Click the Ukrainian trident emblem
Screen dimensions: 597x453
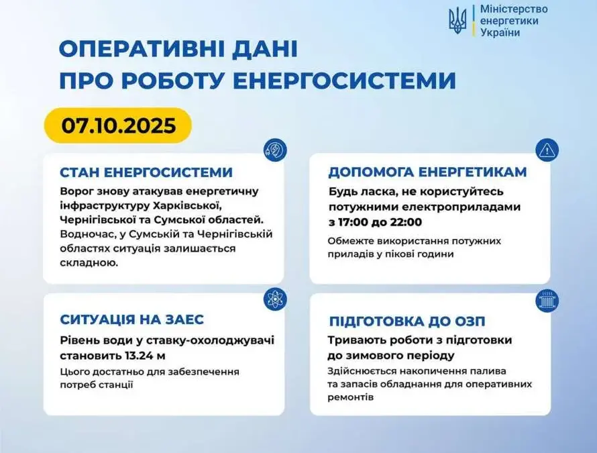click(x=457, y=21)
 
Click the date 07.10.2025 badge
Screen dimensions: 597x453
click(x=119, y=125)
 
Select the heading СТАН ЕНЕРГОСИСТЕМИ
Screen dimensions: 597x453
click(x=146, y=172)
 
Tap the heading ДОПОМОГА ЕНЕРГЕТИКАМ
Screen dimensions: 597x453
click(x=427, y=172)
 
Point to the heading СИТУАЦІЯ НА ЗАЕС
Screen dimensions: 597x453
click(x=131, y=319)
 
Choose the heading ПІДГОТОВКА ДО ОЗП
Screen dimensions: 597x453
click(x=407, y=321)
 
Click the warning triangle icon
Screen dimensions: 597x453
click(x=547, y=150)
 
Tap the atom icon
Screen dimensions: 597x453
click(x=275, y=299)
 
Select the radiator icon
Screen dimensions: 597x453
click(x=547, y=301)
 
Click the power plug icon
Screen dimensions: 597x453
click(x=275, y=150)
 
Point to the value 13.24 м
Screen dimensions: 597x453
click(x=145, y=356)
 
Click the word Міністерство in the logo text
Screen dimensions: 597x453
click(x=514, y=9)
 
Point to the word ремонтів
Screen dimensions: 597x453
click(x=351, y=397)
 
